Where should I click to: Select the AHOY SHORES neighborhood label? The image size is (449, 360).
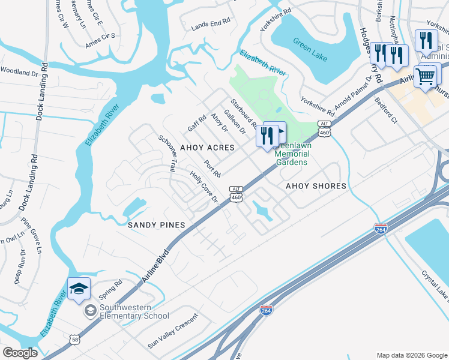coord(316,186)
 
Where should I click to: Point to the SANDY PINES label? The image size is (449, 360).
coord(155,224)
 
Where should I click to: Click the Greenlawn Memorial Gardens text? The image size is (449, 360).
coord(292,158)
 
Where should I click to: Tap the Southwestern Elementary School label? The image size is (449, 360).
coord(134,312)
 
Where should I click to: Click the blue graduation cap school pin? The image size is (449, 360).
coord(79,289)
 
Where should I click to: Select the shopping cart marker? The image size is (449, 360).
coord(426,76)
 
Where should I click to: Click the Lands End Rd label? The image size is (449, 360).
coord(211,22)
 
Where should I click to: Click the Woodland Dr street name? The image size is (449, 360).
coord(19,71)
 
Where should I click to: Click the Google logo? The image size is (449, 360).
coord(20,353)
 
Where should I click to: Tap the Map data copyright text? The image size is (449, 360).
coord(411,355)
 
